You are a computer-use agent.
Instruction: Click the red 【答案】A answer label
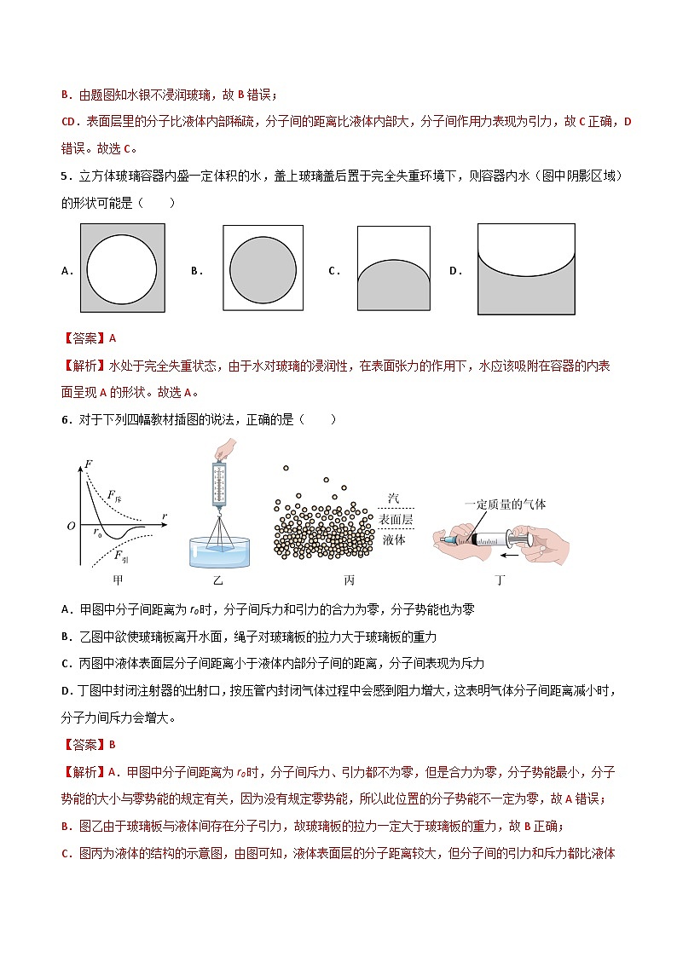point(89,337)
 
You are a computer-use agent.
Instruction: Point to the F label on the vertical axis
point(88,465)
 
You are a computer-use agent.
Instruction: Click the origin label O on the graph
point(72,526)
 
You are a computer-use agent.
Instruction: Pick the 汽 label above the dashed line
point(393,499)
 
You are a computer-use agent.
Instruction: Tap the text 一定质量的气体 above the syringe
point(505,504)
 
